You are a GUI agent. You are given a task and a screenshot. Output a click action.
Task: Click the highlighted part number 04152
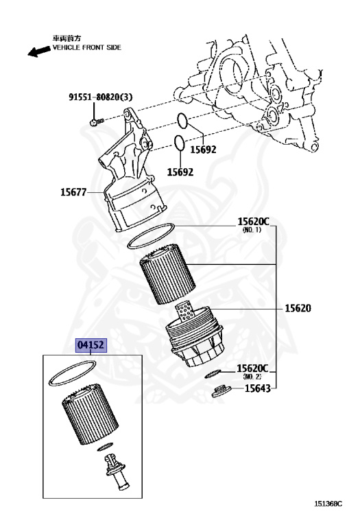coord(91,345)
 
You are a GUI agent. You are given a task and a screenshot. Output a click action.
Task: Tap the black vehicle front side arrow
coord(38,51)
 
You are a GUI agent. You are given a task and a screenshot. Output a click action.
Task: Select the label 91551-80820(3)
coord(101,97)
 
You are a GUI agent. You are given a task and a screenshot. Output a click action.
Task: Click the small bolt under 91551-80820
coord(96,121)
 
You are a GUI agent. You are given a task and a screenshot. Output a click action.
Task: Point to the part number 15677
coord(73,192)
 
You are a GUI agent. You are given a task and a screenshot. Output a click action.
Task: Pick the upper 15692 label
coord(203,150)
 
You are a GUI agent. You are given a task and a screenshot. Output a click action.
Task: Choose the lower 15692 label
coord(180,172)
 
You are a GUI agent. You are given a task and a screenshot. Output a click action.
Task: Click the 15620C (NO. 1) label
coord(253,224)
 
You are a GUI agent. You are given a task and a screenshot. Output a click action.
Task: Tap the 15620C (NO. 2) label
coord(252,371)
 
